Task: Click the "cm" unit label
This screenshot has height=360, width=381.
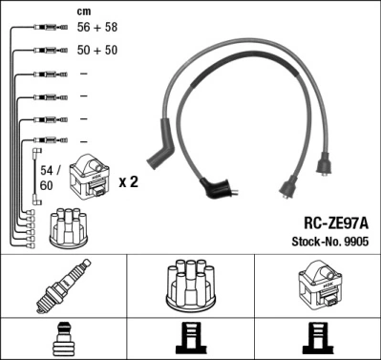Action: point(83,11)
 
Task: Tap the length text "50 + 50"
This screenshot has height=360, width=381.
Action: point(97,51)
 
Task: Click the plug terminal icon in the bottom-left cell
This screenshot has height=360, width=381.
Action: point(63,338)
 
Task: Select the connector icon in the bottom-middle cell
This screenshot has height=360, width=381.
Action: point(190,339)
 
